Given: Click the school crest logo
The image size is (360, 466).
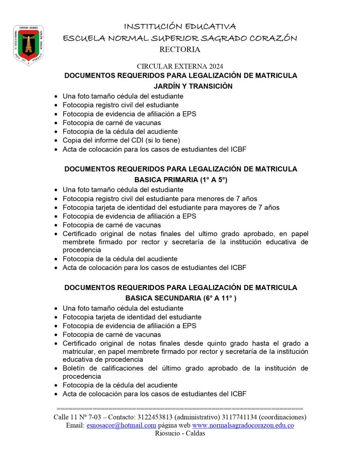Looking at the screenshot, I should point(28,45).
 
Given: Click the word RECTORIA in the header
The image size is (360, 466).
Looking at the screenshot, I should point(180,49).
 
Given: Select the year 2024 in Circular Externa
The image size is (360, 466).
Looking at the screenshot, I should point(215,66).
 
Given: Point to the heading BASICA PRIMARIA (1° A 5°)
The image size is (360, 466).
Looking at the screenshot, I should point(181,180).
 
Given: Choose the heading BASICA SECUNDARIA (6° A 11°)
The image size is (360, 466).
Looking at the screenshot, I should point(181,299).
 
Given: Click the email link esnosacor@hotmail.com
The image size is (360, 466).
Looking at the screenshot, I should point(121,425).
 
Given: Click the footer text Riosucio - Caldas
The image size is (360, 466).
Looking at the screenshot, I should point(180,433).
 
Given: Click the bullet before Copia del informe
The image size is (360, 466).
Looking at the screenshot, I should point(56,140).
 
